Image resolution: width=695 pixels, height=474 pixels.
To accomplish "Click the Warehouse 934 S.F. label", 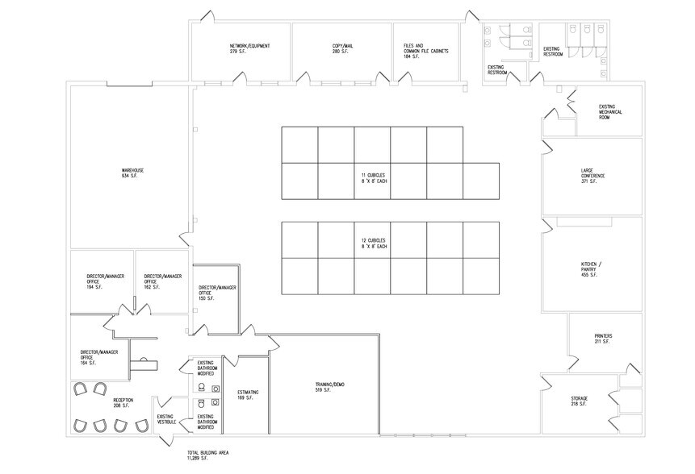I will point(132,173).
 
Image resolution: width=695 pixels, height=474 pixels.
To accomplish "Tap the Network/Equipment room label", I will point(249,48).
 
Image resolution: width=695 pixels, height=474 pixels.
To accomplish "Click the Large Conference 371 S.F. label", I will point(592,176).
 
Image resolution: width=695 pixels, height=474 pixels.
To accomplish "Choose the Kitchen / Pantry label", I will point(592,270).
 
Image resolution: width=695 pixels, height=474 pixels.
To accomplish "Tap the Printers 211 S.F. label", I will point(603,339).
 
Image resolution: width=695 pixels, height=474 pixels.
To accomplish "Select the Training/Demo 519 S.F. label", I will point(330,387).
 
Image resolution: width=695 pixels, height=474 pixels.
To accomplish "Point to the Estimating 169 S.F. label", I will point(248,395).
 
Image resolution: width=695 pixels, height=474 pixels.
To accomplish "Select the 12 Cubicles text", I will point(374,243).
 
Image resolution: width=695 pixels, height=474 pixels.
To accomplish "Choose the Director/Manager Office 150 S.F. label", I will point(217,293).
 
